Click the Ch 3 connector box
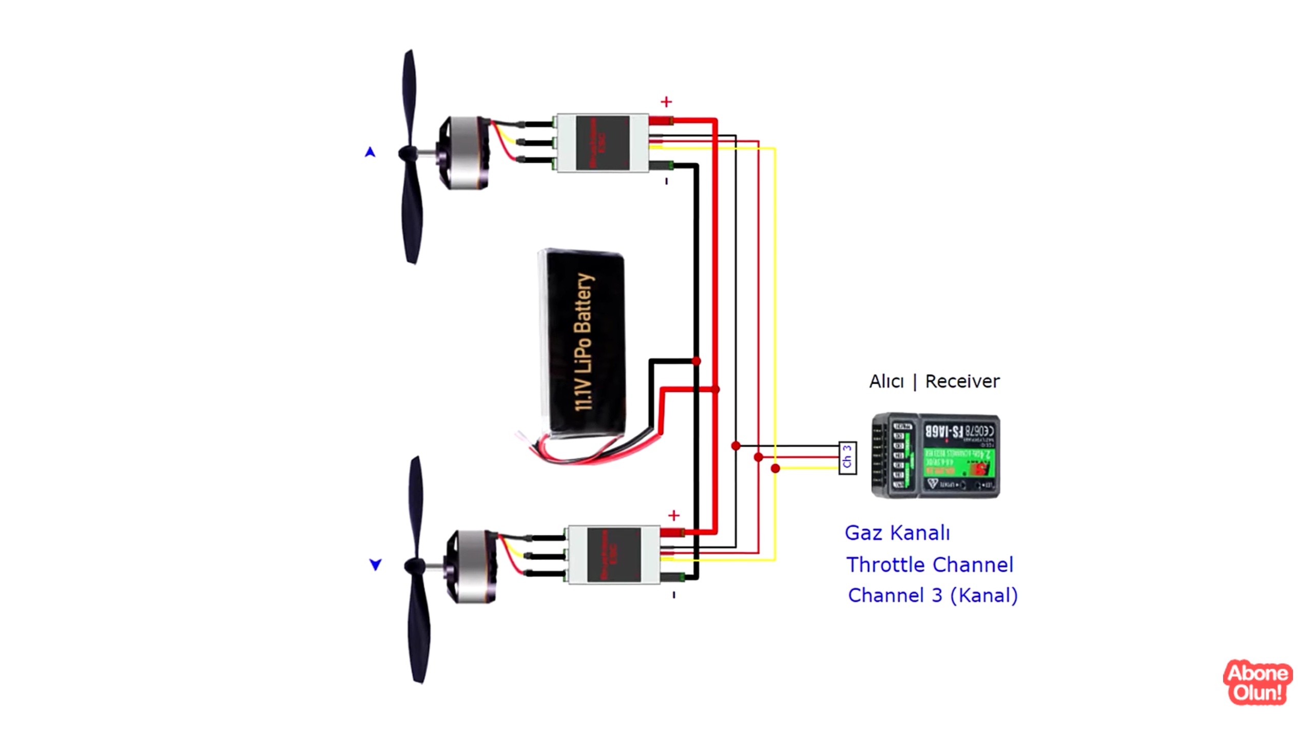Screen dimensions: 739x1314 [x=847, y=458]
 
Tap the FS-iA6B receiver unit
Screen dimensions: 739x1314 [x=936, y=455]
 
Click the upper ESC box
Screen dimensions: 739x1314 [x=603, y=143]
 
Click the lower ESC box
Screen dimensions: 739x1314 [x=614, y=555]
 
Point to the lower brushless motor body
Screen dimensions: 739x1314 [x=471, y=566]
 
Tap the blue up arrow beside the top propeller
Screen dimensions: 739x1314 [x=370, y=152]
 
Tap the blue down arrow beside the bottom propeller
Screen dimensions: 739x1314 [x=376, y=565]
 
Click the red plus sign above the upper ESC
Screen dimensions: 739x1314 [x=666, y=102]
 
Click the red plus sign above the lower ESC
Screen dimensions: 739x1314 [x=674, y=515]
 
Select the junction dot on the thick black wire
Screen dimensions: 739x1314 [x=696, y=361]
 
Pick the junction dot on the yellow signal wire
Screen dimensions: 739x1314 [x=775, y=468]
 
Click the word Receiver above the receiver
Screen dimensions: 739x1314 [x=962, y=381]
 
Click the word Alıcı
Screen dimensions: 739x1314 [x=886, y=381]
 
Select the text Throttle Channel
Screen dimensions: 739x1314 [x=930, y=565]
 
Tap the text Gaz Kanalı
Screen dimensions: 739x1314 [x=897, y=533]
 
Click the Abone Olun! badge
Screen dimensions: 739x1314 [x=1258, y=683]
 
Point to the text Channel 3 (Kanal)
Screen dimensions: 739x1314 [x=933, y=595]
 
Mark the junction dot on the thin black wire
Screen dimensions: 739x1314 [x=736, y=445]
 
